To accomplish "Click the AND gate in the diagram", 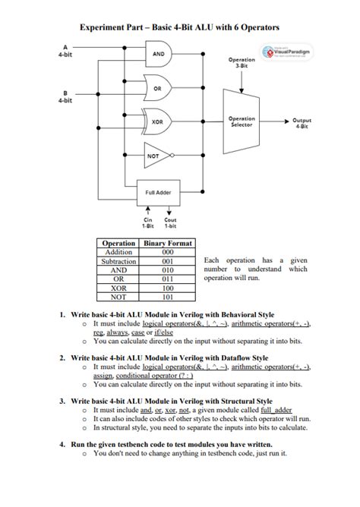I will pos(159,54).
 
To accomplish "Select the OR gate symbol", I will pos(158,87).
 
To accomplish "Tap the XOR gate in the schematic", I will pos(158,121).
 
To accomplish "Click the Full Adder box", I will pos(158,191).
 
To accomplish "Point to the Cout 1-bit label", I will pos(169,222).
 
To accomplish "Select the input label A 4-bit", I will pos(65,51).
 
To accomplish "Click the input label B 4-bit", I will pos(65,96).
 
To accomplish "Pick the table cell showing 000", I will pos(168,252).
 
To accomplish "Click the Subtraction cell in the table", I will pos(118,260).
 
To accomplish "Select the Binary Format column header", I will pos(168,243).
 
